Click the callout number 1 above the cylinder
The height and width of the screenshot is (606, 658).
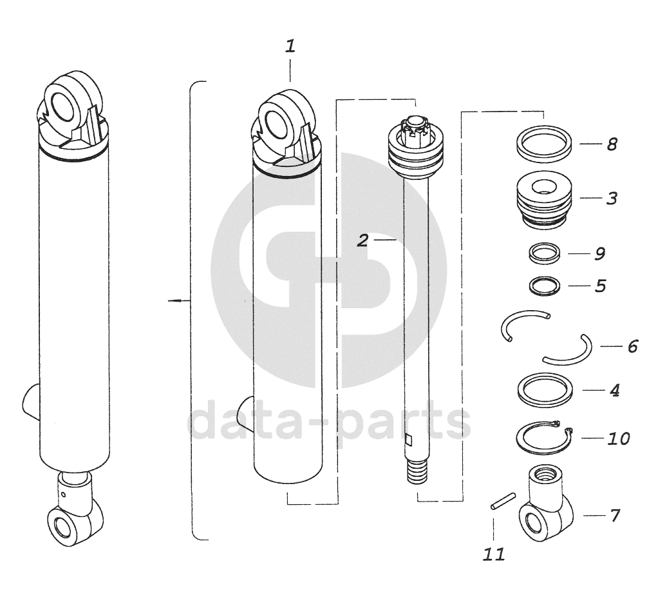290,46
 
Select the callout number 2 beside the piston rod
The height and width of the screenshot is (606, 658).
363,240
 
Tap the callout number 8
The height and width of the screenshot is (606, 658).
612,144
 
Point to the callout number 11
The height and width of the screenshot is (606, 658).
494,554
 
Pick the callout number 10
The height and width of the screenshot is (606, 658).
619,439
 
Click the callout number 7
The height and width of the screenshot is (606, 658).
615,515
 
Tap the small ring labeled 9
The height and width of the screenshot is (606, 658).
544,253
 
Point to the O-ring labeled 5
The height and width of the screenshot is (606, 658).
544,286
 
